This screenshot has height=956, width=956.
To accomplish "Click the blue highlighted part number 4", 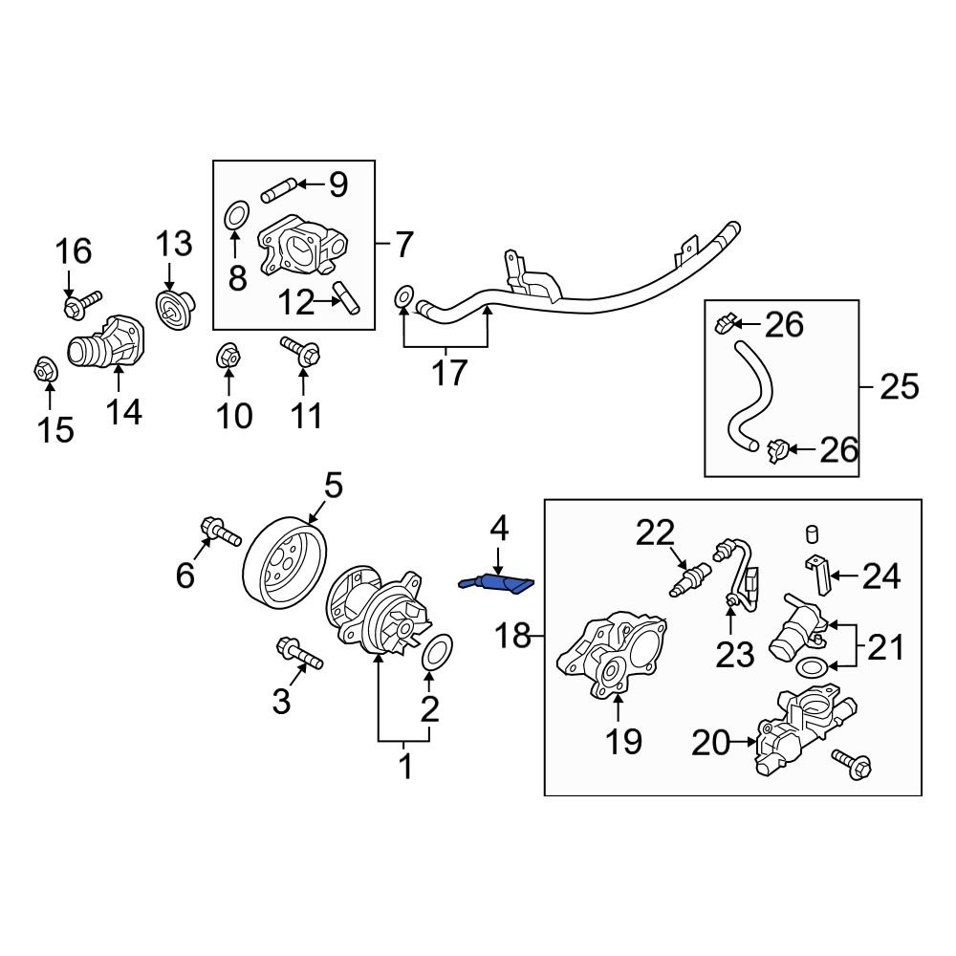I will (498, 582).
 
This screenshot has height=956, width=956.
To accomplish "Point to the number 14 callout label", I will (123, 412).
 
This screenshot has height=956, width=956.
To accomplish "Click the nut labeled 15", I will (43, 367).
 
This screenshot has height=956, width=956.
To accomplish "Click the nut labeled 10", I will (228, 354).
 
